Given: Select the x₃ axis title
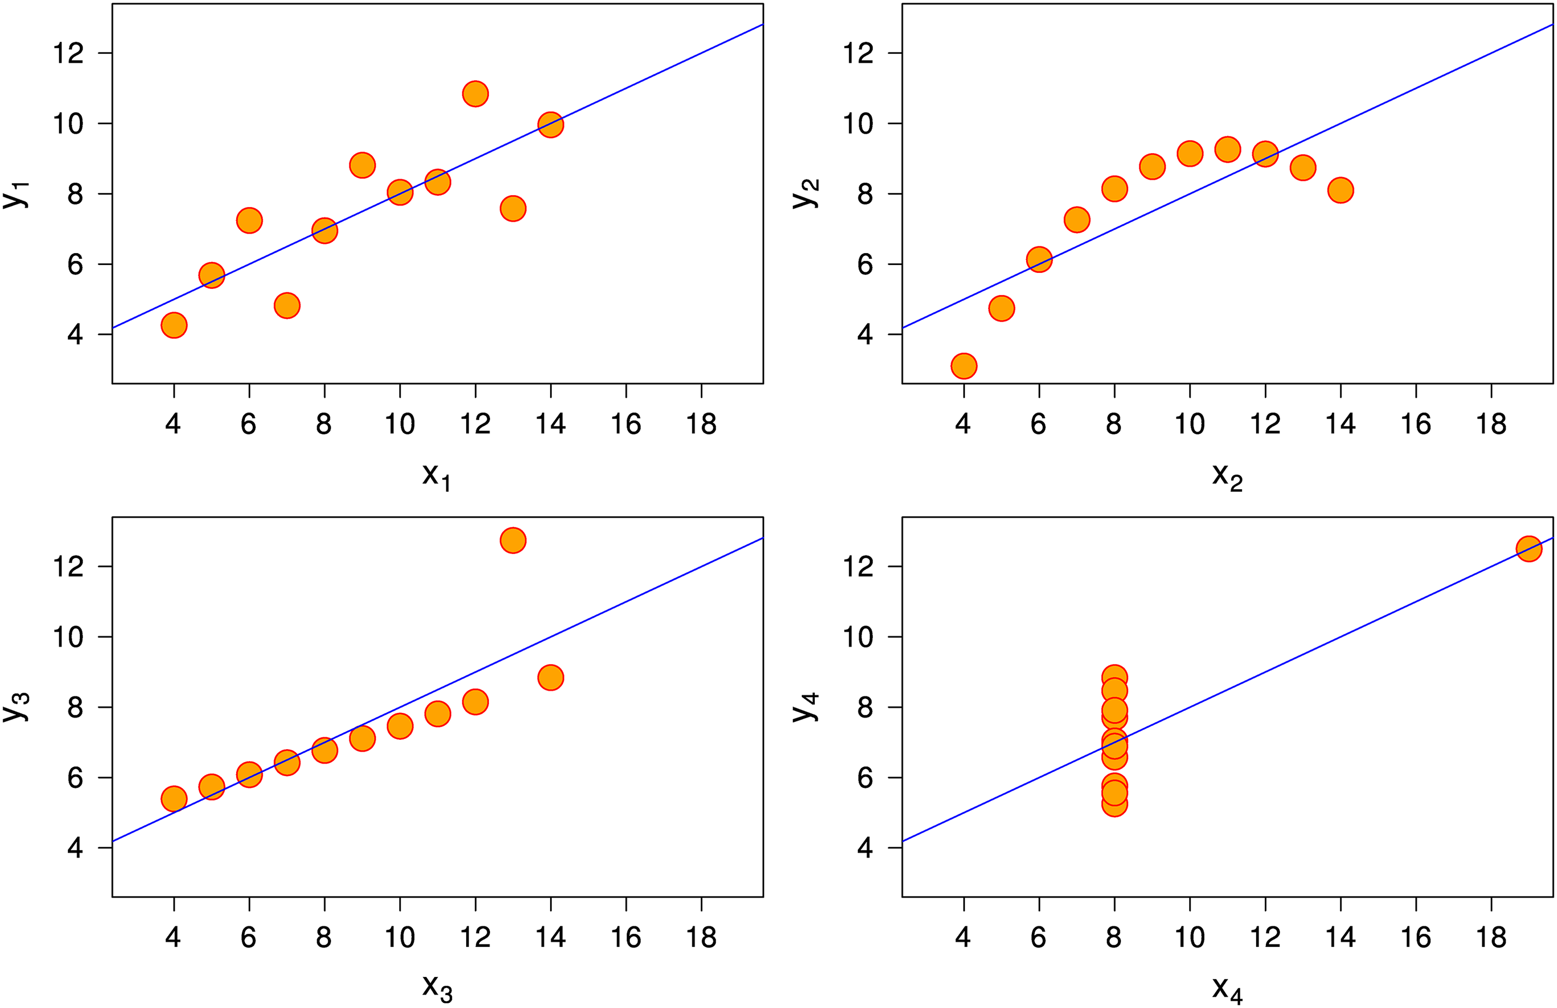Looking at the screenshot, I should pos(436,988).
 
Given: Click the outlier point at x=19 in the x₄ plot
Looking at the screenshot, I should pos(1529,548).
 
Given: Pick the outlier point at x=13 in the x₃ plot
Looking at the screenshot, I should pos(513,540).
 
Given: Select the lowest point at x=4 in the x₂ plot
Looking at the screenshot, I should pos(964,366).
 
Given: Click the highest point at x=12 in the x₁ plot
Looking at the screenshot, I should pos(475,93).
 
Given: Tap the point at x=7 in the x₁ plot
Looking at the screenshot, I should pos(286,306).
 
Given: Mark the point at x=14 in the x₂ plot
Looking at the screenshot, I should pos(1341,190).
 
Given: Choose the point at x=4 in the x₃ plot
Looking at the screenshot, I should pos(173,799).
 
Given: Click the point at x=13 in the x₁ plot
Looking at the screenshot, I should pos(513,209).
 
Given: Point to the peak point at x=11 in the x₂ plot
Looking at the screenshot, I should pos(1227,150).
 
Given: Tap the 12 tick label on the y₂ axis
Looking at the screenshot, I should pos(858,53).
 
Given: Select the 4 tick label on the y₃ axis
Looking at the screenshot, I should pos(75,848).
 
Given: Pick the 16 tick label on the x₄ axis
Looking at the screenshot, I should pos(1416,938).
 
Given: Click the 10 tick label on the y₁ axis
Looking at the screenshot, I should pos(68,123).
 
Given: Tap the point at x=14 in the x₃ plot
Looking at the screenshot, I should pos(551,677).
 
